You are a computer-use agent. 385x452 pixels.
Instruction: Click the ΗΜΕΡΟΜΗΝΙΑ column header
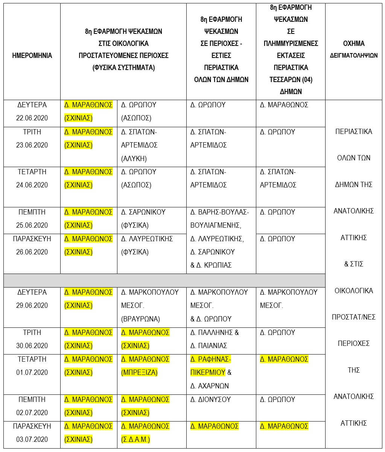(32, 55)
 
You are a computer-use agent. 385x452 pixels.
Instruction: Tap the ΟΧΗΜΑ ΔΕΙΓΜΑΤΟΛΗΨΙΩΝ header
(353, 49)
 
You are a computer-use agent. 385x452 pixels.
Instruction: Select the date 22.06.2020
(32, 118)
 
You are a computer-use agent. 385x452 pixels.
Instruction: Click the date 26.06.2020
(32, 252)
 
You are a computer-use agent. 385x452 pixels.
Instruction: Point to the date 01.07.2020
(32, 372)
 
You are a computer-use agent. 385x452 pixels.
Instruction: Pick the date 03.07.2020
(32, 439)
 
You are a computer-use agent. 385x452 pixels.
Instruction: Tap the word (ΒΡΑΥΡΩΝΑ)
(140, 319)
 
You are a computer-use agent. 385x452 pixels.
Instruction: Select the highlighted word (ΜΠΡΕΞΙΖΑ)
(139, 372)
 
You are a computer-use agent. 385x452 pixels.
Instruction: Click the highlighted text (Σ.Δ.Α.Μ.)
(135, 439)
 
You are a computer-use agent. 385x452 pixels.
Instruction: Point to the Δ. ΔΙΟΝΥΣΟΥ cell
(210, 399)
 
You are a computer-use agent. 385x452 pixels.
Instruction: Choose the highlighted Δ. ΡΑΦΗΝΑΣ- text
(211, 359)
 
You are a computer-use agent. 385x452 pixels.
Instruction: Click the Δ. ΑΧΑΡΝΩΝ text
(210, 386)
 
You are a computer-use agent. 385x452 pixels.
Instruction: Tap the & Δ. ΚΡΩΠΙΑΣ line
(211, 265)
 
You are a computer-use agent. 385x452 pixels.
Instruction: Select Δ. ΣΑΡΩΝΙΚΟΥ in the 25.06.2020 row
(143, 212)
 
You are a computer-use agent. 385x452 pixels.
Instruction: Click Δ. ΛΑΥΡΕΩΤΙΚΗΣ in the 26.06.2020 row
(147, 239)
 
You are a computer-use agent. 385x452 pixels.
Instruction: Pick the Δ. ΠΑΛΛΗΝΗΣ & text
(215, 332)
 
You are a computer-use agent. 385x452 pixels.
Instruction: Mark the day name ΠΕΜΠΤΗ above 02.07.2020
(32, 399)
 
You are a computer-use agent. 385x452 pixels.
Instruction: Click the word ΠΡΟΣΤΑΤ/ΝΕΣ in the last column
(353, 317)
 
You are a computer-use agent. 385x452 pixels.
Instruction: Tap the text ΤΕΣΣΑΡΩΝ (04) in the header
(291, 79)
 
